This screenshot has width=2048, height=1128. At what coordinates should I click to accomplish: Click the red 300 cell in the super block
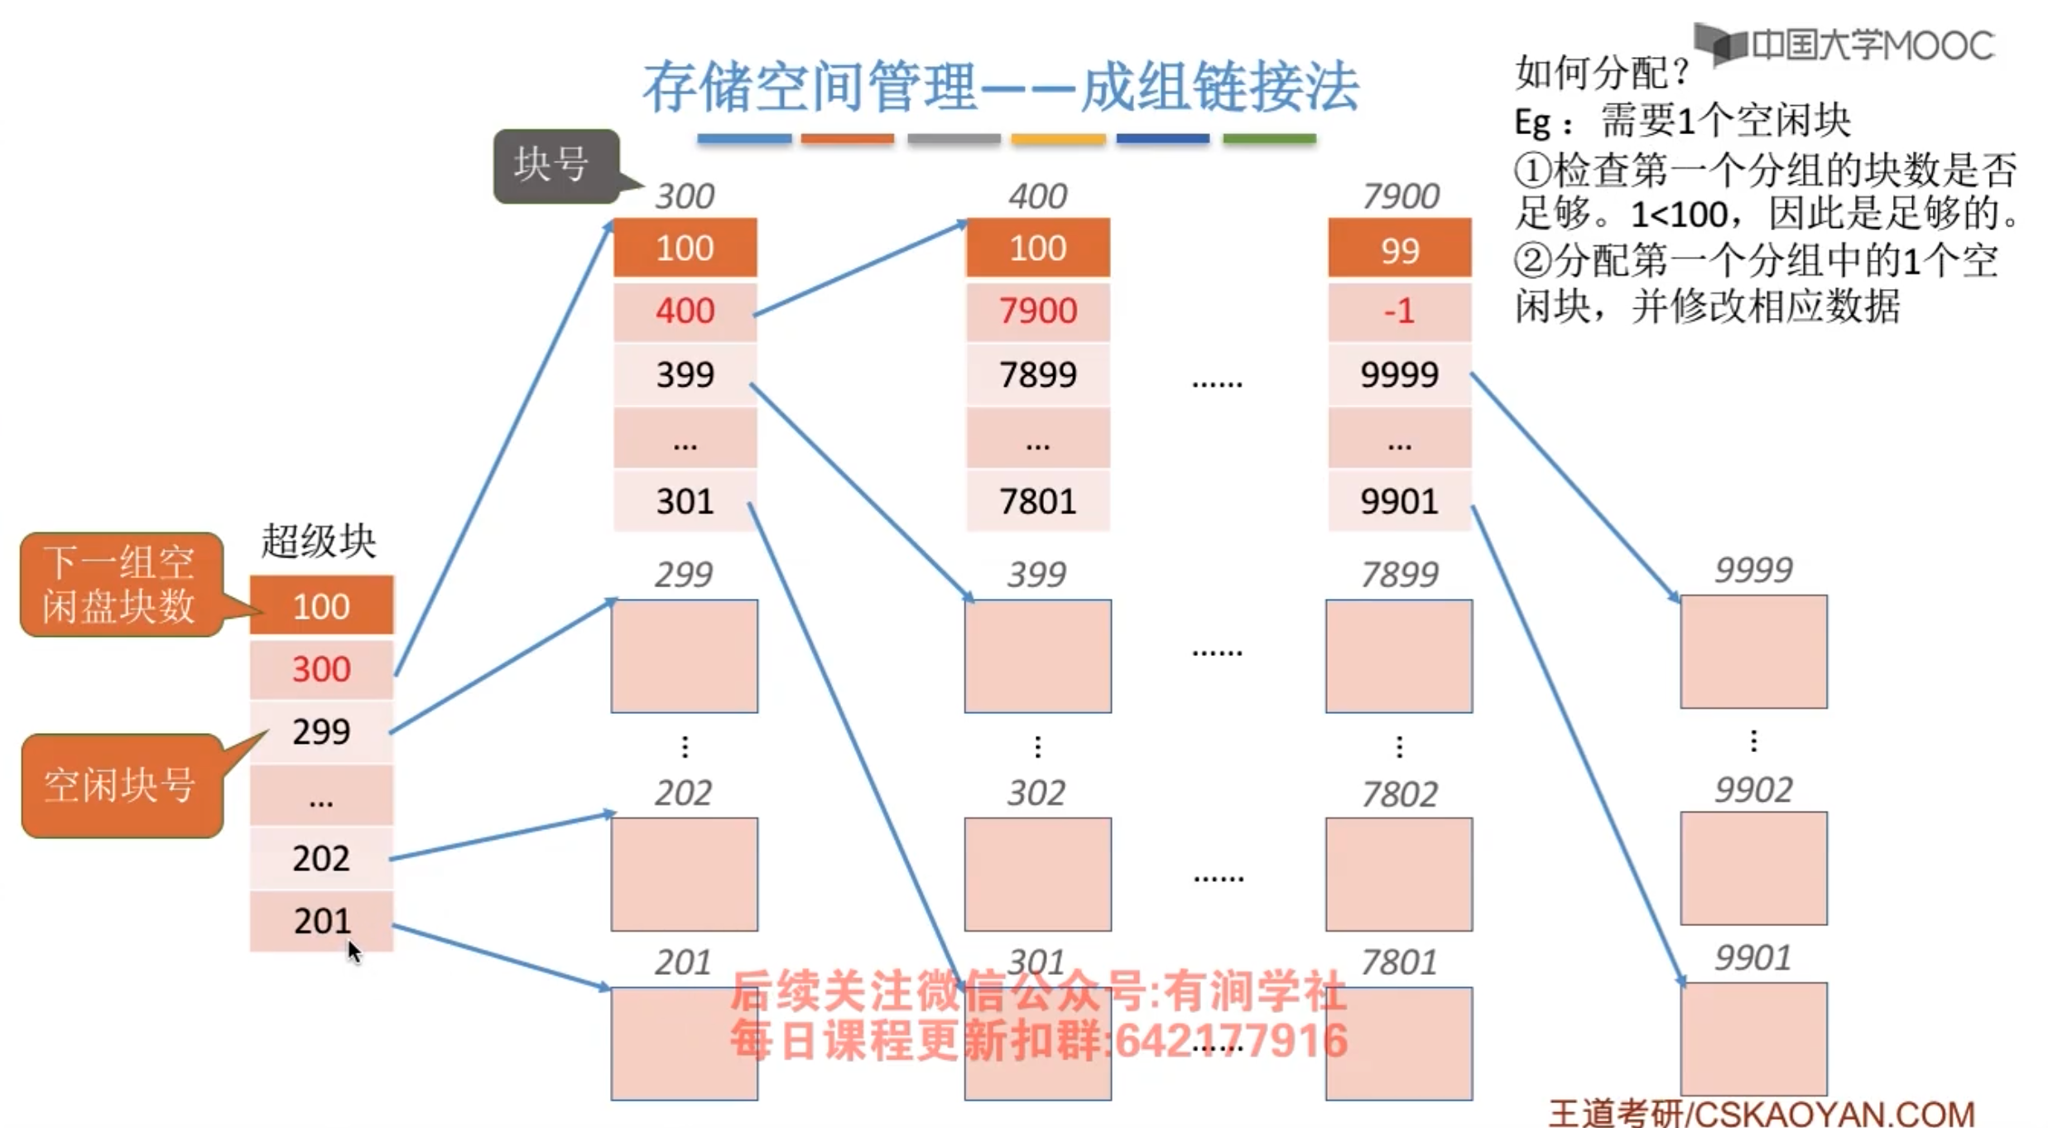(x=321, y=669)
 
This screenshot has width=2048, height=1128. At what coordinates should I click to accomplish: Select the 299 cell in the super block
(x=321, y=732)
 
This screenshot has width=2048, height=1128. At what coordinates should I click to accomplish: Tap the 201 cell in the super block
(x=321, y=921)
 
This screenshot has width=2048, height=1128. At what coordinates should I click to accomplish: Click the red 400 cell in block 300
(x=685, y=311)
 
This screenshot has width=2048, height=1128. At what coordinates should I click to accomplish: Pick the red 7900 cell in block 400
(x=1037, y=311)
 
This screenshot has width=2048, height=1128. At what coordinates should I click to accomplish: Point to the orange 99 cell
(x=1399, y=248)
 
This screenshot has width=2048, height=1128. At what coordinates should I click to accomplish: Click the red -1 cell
(x=1399, y=311)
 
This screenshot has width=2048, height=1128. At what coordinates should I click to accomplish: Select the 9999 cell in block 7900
(x=1399, y=374)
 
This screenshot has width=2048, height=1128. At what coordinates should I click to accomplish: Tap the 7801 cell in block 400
(x=1037, y=501)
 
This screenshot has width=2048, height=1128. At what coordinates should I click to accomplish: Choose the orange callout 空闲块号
(x=121, y=785)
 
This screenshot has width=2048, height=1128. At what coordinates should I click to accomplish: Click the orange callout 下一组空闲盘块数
(x=121, y=585)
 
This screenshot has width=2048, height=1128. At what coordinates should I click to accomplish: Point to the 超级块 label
(x=319, y=542)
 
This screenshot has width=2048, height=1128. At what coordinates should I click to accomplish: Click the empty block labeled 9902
(x=1753, y=868)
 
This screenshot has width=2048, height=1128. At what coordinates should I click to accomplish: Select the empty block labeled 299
(x=684, y=656)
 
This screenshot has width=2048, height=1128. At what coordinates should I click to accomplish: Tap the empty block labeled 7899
(x=1399, y=656)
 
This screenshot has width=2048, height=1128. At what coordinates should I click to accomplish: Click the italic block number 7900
(x=1401, y=196)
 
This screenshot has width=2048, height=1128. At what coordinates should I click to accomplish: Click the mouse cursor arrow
(x=353, y=952)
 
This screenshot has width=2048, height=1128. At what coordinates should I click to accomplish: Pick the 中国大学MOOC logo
(x=1844, y=45)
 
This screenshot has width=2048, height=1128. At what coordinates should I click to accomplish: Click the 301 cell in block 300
(x=685, y=501)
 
